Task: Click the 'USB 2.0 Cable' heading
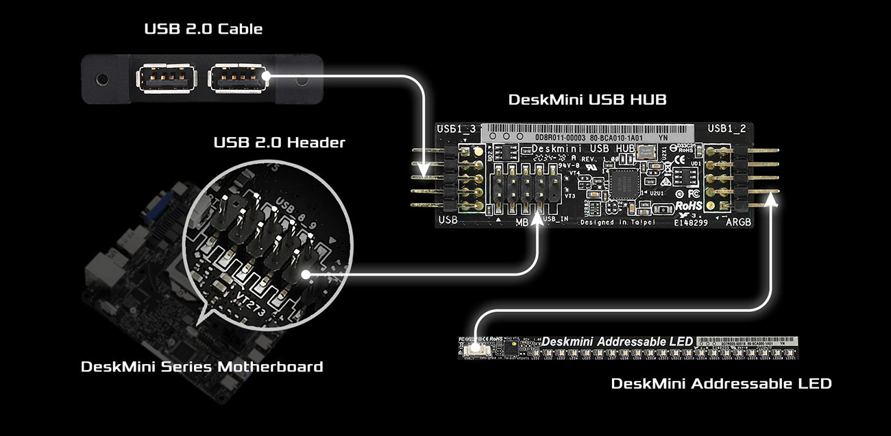point(203,29)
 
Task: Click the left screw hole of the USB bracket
point(102,80)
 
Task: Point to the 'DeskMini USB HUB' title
point(587,99)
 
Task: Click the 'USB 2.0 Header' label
point(279,143)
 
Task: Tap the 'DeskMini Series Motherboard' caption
point(202,366)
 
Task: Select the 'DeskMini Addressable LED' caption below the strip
point(721,384)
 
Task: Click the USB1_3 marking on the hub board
point(455,129)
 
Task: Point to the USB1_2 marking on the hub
point(727,128)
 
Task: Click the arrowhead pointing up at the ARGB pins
point(774,199)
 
